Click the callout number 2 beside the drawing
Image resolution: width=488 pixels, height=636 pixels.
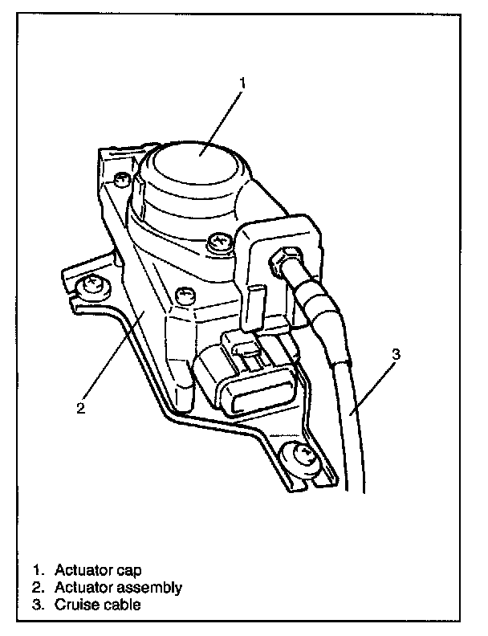click(80, 406)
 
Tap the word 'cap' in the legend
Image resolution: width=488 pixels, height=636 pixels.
click(127, 570)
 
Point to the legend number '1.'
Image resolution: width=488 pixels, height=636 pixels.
click(37, 570)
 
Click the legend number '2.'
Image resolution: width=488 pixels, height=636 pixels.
click(37, 587)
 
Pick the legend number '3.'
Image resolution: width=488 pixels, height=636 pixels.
click(37, 604)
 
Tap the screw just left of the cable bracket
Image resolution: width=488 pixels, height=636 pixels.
click(215, 239)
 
